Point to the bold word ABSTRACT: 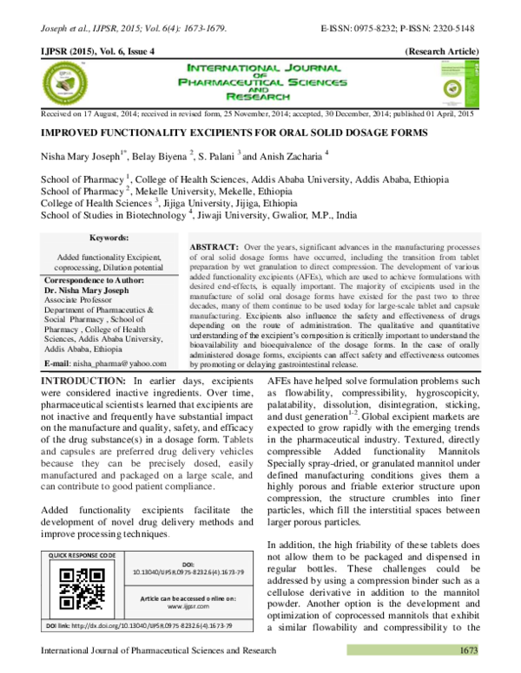click(x=215, y=247)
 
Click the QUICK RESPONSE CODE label click(x=82, y=554)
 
